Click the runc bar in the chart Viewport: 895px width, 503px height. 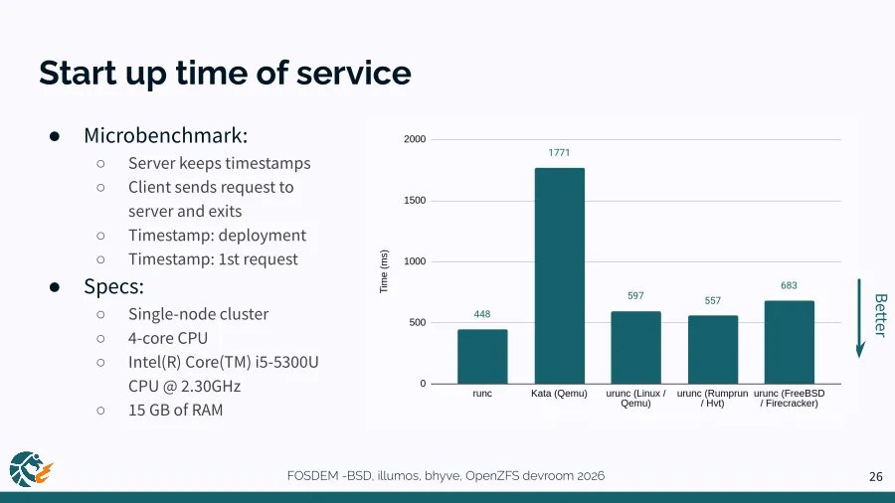tap(482, 357)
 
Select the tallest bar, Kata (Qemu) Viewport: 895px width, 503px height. tap(560, 275)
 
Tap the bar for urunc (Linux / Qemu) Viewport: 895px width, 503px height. tap(635, 348)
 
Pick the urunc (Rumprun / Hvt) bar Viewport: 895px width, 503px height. tap(713, 350)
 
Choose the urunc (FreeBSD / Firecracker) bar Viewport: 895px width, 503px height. tap(790, 342)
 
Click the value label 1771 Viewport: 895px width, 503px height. tap(560, 153)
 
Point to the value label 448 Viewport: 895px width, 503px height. tap(482, 314)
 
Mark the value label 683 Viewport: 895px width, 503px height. tap(790, 285)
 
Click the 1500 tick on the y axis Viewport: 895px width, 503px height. tap(415, 201)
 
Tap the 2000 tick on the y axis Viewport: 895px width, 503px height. tap(415, 140)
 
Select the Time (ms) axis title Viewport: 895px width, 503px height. tap(384, 270)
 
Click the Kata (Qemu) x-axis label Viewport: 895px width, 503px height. tap(560, 394)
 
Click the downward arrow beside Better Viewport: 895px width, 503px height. tap(861, 318)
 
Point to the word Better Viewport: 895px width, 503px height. tap(879, 315)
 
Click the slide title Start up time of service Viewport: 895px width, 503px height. tap(225, 73)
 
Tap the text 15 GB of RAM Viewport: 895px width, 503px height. tap(175, 410)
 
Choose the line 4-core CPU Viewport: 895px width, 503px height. tap(168, 338)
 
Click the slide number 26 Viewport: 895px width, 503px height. tap(876, 477)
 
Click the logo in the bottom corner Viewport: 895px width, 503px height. tap(30, 469)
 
